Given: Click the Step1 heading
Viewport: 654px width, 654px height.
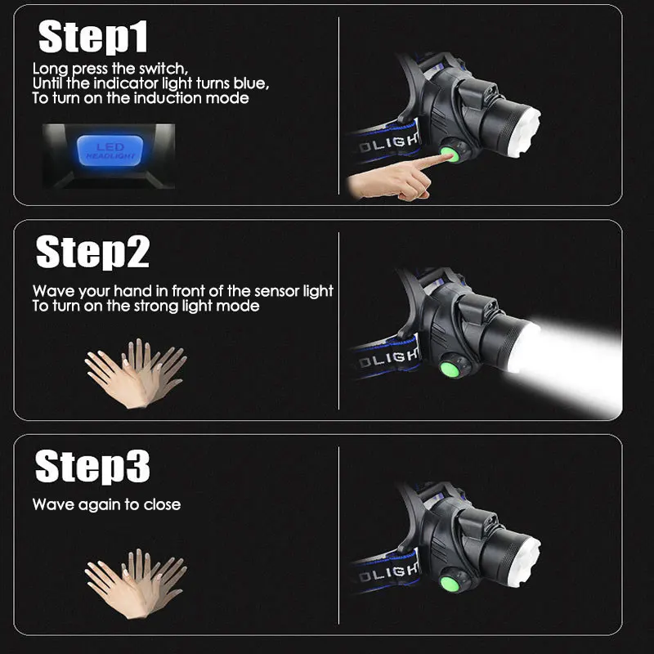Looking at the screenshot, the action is coord(92,37).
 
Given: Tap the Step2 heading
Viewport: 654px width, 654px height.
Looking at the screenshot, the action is coord(92,252).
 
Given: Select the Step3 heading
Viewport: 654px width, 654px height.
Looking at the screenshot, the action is coord(92,466).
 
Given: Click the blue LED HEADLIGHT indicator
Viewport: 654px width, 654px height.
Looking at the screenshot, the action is coord(110,150).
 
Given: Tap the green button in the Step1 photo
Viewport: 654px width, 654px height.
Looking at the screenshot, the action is coord(450,154).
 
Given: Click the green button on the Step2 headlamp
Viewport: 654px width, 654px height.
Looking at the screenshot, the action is coord(449,370).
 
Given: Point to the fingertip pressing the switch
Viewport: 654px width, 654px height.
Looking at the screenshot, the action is coord(449,157).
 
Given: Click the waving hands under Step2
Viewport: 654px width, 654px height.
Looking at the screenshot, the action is coord(136,374).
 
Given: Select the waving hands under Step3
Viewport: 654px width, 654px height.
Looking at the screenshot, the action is coord(136,584).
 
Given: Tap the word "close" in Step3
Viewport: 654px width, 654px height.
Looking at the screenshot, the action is coord(162,504).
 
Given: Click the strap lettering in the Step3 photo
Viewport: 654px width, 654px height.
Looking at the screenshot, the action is coord(387,572).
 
